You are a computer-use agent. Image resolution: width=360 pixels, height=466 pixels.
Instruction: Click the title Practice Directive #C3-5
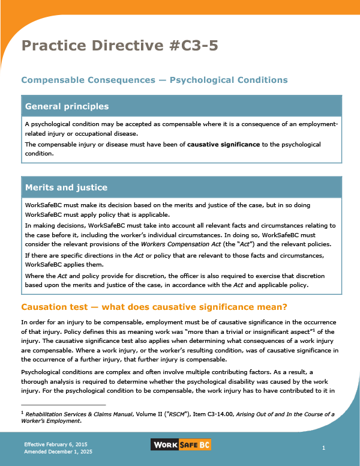click(x=119, y=46)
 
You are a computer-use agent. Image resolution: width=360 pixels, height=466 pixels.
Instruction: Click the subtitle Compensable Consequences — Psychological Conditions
click(x=154, y=80)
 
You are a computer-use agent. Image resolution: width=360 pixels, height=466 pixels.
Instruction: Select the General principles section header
click(x=67, y=106)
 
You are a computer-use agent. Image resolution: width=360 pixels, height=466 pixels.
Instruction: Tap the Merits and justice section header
click(x=66, y=187)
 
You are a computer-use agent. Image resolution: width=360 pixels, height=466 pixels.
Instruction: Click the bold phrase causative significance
click(x=223, y=145)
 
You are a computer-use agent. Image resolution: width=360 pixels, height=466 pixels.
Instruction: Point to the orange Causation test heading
click(x=154, y=307)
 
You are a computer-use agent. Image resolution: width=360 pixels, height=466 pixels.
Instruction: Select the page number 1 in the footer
click(x=323, y=448)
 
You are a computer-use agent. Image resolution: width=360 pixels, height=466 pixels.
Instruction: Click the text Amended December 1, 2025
click(x=58, y=451)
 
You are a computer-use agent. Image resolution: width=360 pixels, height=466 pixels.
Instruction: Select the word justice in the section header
click(x=90, y=187)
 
